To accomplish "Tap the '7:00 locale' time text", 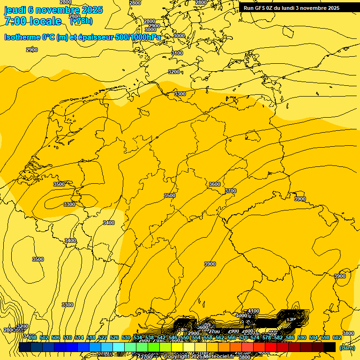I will coord(33,21).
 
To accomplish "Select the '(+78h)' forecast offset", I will coord(81,21).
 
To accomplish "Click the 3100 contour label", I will coord(177,53).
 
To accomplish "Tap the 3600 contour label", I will coord(215,184).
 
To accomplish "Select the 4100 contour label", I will coord(254,311).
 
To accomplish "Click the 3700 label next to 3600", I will coord(231,191).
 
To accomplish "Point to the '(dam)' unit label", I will coord(347,347).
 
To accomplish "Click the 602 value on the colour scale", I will coord(337,337).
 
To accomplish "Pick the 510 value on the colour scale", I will coord(67,337).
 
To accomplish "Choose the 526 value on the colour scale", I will coord(114,337).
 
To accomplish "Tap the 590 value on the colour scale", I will coord(302,337).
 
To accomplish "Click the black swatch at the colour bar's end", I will coord(330,347).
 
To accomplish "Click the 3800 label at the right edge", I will coord(348,333).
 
